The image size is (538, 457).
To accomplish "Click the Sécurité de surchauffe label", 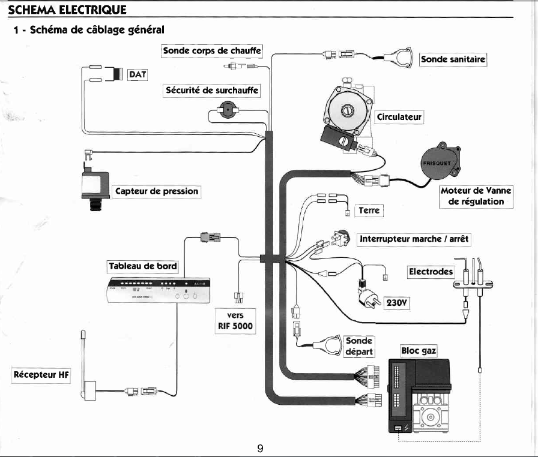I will tap(213, 91).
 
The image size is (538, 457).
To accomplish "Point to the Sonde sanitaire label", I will tap(453, 59).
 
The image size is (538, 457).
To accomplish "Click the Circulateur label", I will tap(399, 116).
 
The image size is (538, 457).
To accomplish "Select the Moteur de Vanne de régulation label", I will tap(476, 196).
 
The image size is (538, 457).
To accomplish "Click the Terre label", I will tap(370, 210).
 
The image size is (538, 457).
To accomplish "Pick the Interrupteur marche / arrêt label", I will tap(414, 239).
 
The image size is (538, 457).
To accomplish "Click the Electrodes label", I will tap(431, 272).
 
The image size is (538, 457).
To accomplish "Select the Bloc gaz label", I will tap(419, 350).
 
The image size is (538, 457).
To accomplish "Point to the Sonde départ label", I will tap(359, 346).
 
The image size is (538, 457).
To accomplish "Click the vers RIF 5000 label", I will tap(235, 321).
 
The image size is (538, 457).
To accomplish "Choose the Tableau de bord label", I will tap(142, 266).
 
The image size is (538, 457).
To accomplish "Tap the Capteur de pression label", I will tap(156, 191).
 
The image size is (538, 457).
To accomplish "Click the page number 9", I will tap(260, 447).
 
